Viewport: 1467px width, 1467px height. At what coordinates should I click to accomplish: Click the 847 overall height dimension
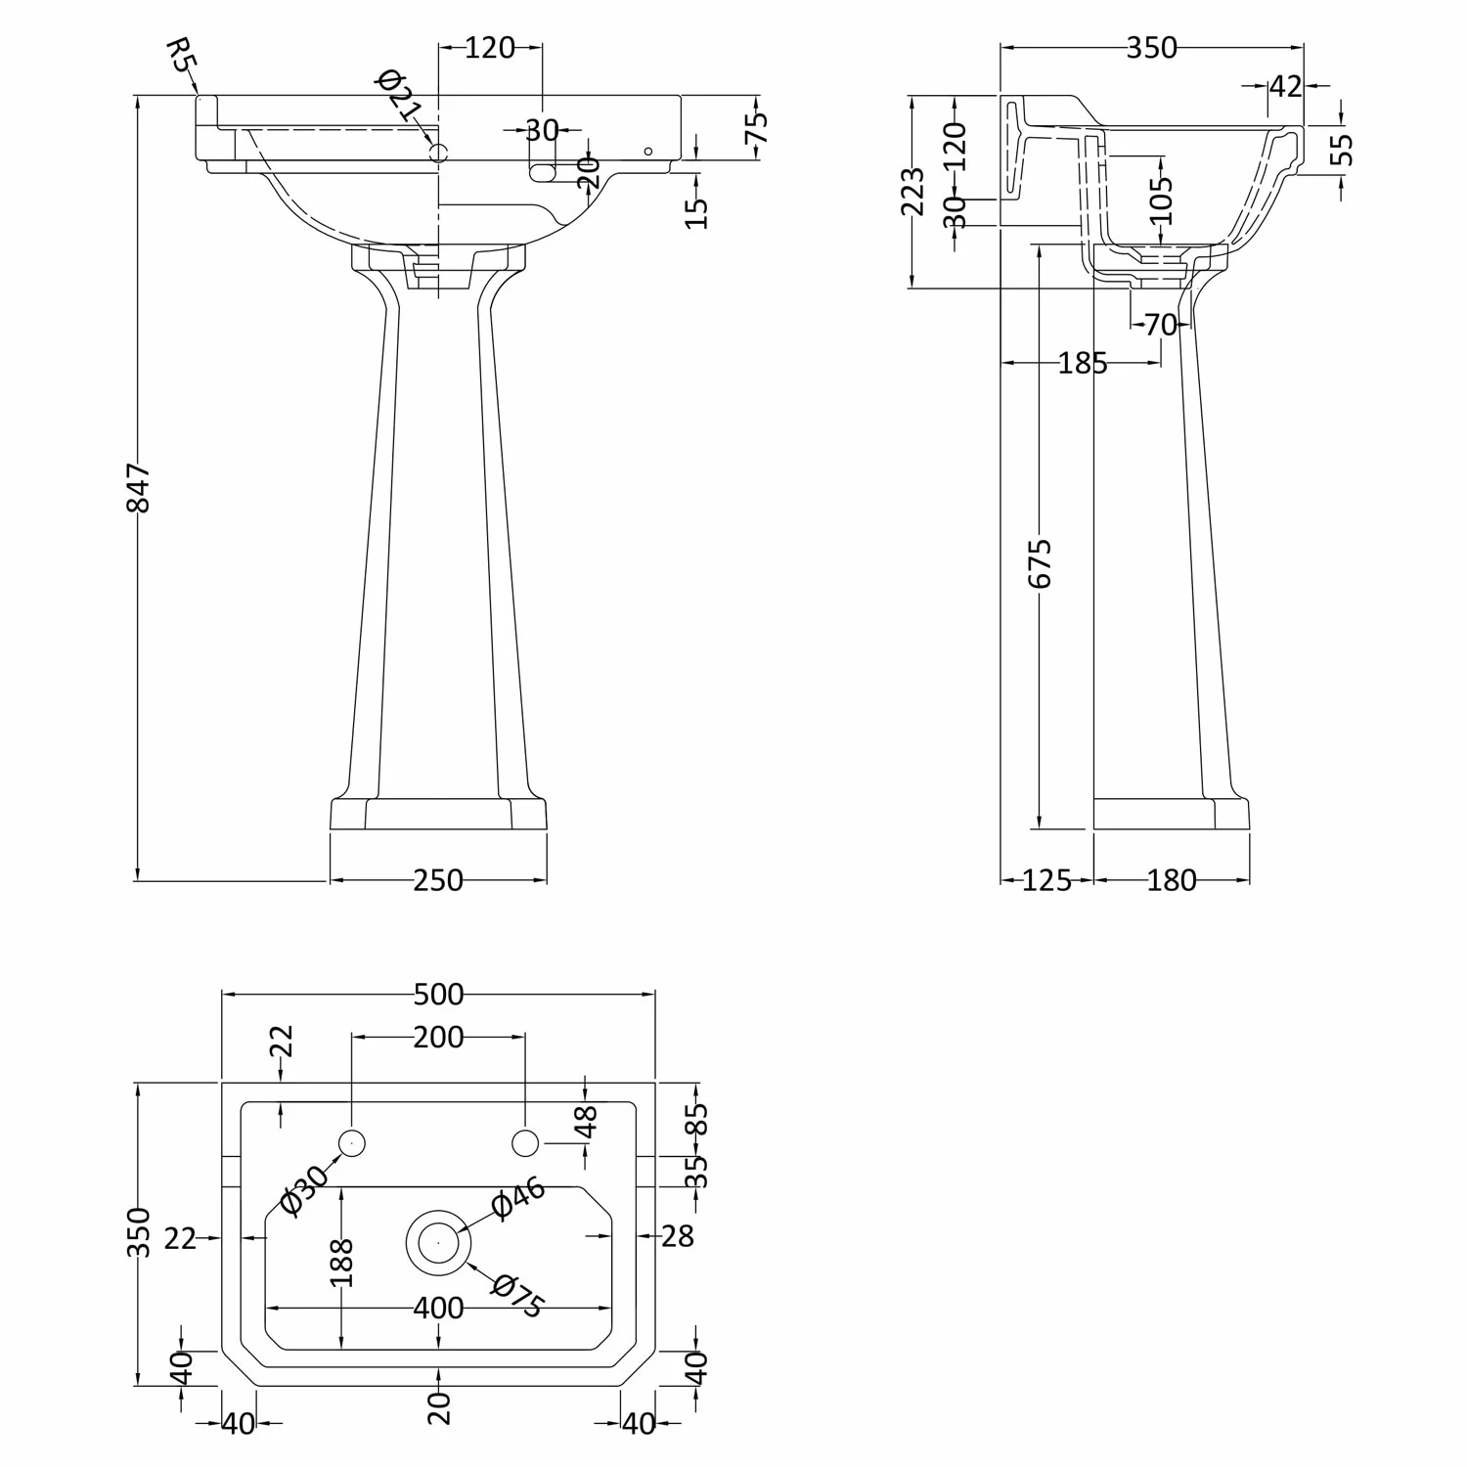click(x=140, y=488)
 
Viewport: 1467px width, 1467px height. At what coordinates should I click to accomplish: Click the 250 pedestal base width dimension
click(x=437, y=880)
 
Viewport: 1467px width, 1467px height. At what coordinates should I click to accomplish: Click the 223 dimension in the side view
click(x=912, y=192)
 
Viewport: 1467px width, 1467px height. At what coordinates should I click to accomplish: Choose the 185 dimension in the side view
click(x=1083, y=364)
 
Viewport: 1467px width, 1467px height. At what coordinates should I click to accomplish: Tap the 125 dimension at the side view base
click(x=1046, y=880)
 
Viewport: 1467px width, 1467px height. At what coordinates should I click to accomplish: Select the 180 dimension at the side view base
click(x=1172, y=880)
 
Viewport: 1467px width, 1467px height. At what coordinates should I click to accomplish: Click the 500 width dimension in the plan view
click(x=438, y=994)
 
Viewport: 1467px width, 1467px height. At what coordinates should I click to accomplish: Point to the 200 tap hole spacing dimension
click(x=437, y=1036)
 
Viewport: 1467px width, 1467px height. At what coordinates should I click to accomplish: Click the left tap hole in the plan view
click(x=351, y=1142)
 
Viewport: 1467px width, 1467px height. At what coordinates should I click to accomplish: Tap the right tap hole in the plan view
click(x=525, y=1142)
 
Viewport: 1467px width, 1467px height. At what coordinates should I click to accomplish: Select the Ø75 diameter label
click(x=517, y=1296)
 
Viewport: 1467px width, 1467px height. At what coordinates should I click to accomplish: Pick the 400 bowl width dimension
click(x=437, y=1307)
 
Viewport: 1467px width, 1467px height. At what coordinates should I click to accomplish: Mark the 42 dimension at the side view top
click(x=1286, y=86)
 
